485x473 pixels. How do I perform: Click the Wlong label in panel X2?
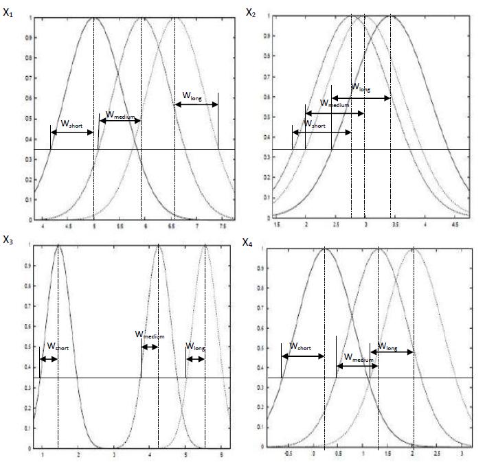tap(361, 88)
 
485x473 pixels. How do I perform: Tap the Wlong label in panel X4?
tap(388, 347)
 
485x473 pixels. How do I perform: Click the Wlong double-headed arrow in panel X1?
tap(196, 104)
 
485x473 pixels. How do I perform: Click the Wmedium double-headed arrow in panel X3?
tap(149, 347)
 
